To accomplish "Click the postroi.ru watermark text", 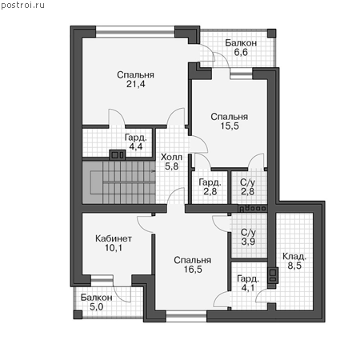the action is pos(22,6).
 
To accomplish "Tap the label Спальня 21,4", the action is pos(135,79).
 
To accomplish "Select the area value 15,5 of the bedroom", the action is pos(230,126).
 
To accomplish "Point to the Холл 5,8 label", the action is pos(171,162).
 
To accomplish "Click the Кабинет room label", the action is pos(114,238).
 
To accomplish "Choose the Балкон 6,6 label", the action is pos(241,47).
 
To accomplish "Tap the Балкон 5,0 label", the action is pos(96,302).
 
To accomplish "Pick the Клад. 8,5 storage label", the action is pos(294,261).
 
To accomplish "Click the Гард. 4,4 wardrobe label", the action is pos(136,142).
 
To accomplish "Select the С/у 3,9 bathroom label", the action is pos(248,237).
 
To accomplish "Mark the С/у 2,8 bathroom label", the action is pos(247,186).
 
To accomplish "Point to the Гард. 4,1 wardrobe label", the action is pos(248,283).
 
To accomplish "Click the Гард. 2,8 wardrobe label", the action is pos(210,186).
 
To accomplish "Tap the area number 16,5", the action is pos(193,270).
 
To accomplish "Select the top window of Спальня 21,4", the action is pos(135,32).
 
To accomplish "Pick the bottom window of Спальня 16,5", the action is pos(186,316).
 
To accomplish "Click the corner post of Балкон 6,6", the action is pos(271,34).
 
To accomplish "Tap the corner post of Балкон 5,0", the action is pos(78,314).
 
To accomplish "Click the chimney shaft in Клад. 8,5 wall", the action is pos(273,275).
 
